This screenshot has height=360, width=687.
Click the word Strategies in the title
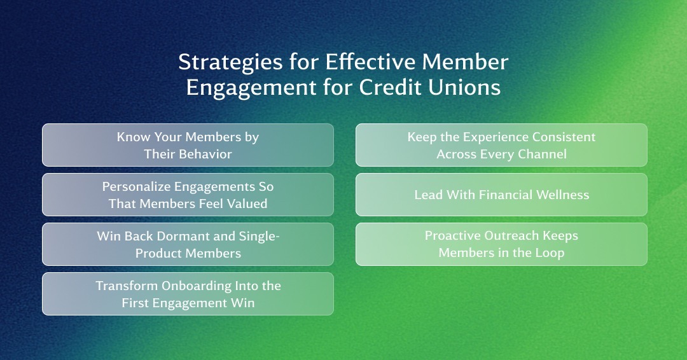230,62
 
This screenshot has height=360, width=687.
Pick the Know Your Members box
188,145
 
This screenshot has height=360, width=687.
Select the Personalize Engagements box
188,195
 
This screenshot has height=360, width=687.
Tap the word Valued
247,204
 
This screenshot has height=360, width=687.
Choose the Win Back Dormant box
188,244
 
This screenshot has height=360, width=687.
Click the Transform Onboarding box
188,294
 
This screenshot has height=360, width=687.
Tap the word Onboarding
197,286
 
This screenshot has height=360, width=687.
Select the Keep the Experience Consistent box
501,145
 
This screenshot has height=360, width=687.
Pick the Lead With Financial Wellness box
501,195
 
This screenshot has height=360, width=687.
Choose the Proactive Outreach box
501,244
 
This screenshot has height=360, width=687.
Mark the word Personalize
137,186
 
